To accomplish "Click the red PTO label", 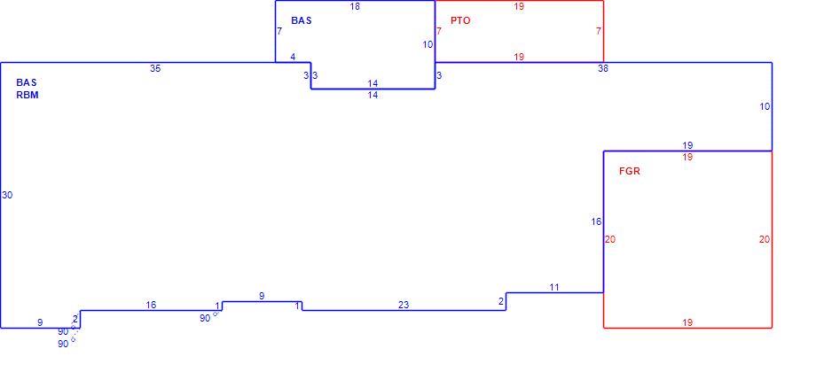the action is pos(460,20).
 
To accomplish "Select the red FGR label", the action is pos(629,171).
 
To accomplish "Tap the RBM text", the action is pos(27,95).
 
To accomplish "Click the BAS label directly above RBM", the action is pos(27,82).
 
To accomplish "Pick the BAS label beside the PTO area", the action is pos(302,20).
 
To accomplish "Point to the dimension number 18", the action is pos(355,7).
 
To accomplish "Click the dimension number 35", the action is pos(155,68).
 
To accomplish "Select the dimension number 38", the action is pos(603,68).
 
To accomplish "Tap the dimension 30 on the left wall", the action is pos(7,196).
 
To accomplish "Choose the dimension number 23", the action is pos(404,305).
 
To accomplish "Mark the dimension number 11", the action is pos(554,287).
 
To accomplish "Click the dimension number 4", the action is pos(293,58).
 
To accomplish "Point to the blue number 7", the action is pos(279,31).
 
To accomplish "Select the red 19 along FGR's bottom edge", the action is pos(687,322).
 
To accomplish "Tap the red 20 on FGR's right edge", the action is pos(764,239).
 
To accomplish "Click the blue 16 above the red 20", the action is pos(596,221).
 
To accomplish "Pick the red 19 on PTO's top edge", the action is pos(518,7).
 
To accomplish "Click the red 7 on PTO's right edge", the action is pos(599,31).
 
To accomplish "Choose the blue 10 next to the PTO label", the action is pos(428,44).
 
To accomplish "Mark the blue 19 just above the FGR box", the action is pos(687,145).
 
